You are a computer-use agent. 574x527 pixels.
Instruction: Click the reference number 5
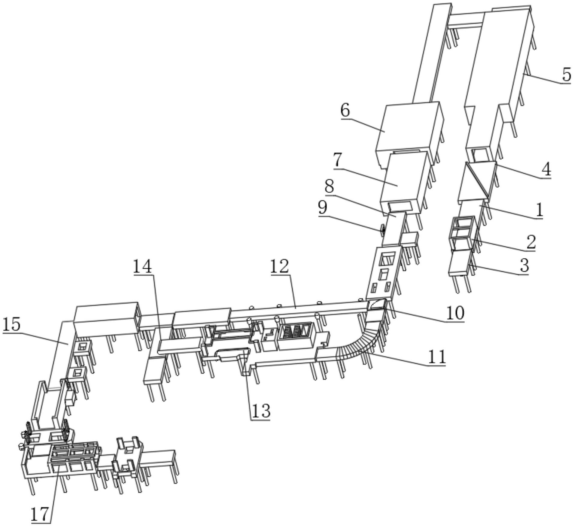[566, 74]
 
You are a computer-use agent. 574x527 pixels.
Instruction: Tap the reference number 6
[345, 110]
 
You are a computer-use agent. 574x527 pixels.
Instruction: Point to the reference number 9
[323, 207]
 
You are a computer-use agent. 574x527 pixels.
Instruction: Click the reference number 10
[455, 314]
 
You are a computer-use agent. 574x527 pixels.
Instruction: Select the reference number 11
[437, 357]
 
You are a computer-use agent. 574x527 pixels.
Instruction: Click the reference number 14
[142, 266]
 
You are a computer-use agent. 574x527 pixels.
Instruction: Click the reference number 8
[329, 187]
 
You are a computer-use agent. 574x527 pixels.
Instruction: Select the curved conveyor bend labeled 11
[359, 341]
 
